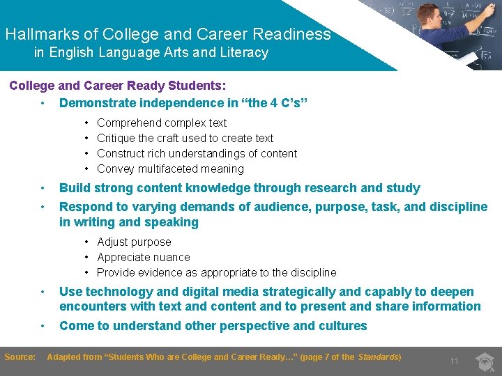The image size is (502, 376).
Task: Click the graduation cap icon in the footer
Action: pyautogui.click(x=485, y=360)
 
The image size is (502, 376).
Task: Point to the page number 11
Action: pyautogui.click(x=454, y=361)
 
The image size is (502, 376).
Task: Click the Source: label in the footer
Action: pyautogui.click(x=20, y=357)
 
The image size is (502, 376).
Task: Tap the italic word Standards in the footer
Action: pyautogui.click(x=378, y=357)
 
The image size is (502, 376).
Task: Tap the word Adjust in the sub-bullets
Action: pyautogui.click(x=112, y=242)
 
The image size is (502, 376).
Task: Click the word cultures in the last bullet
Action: pyautogui.click(x=342, y=326)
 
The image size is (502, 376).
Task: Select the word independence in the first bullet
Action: pyautogui.click(x=172, y=103)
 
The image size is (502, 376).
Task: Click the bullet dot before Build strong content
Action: pyautogui.click(x=43, y=188)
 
